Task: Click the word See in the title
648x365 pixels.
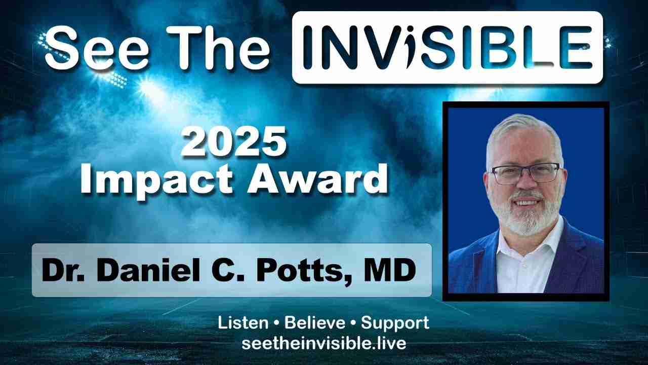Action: [x=97, y=48]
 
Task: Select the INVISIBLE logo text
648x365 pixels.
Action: [x=448, y=48]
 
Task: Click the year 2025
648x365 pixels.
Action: [x=234, y=142]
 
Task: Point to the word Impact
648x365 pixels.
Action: [x=156, y=181]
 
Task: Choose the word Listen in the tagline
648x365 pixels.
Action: [x=243, y=323]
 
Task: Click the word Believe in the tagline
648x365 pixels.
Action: [x=314, y=323]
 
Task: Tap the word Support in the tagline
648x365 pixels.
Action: [x=395, y=324]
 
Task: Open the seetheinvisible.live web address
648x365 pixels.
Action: [x=323, y=344]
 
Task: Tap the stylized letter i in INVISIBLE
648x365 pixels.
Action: [x=413, y=48]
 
